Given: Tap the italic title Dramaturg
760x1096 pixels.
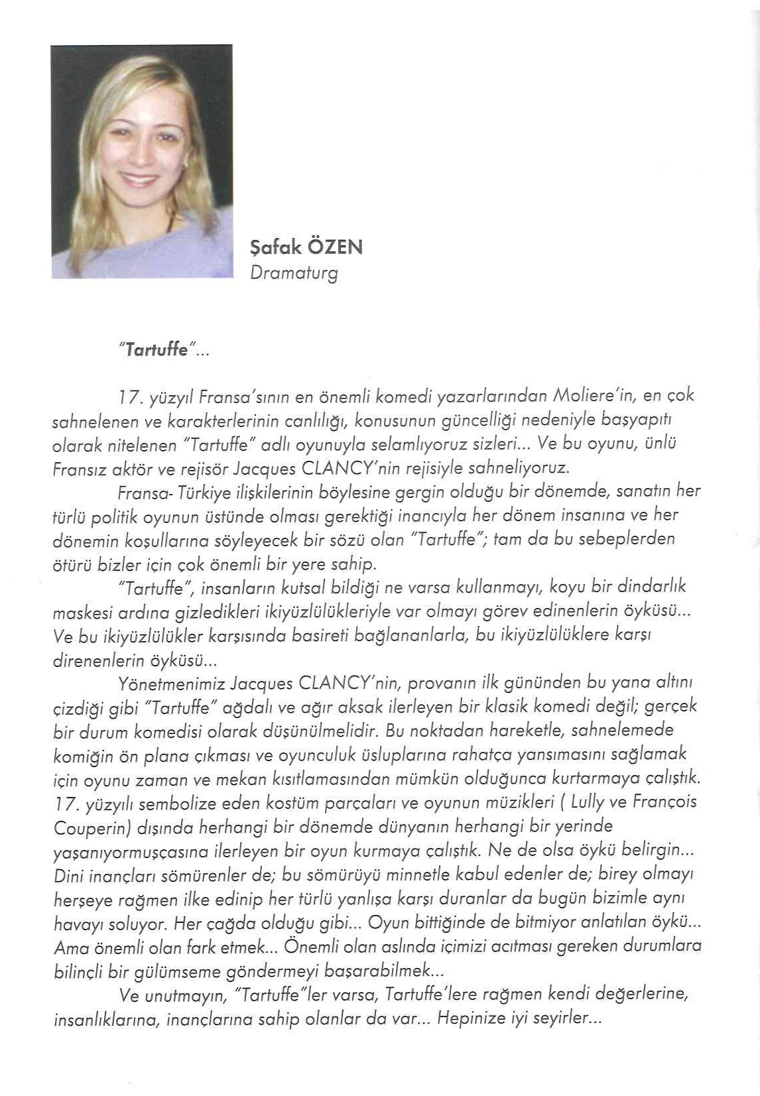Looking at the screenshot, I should [x=294, y=273].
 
